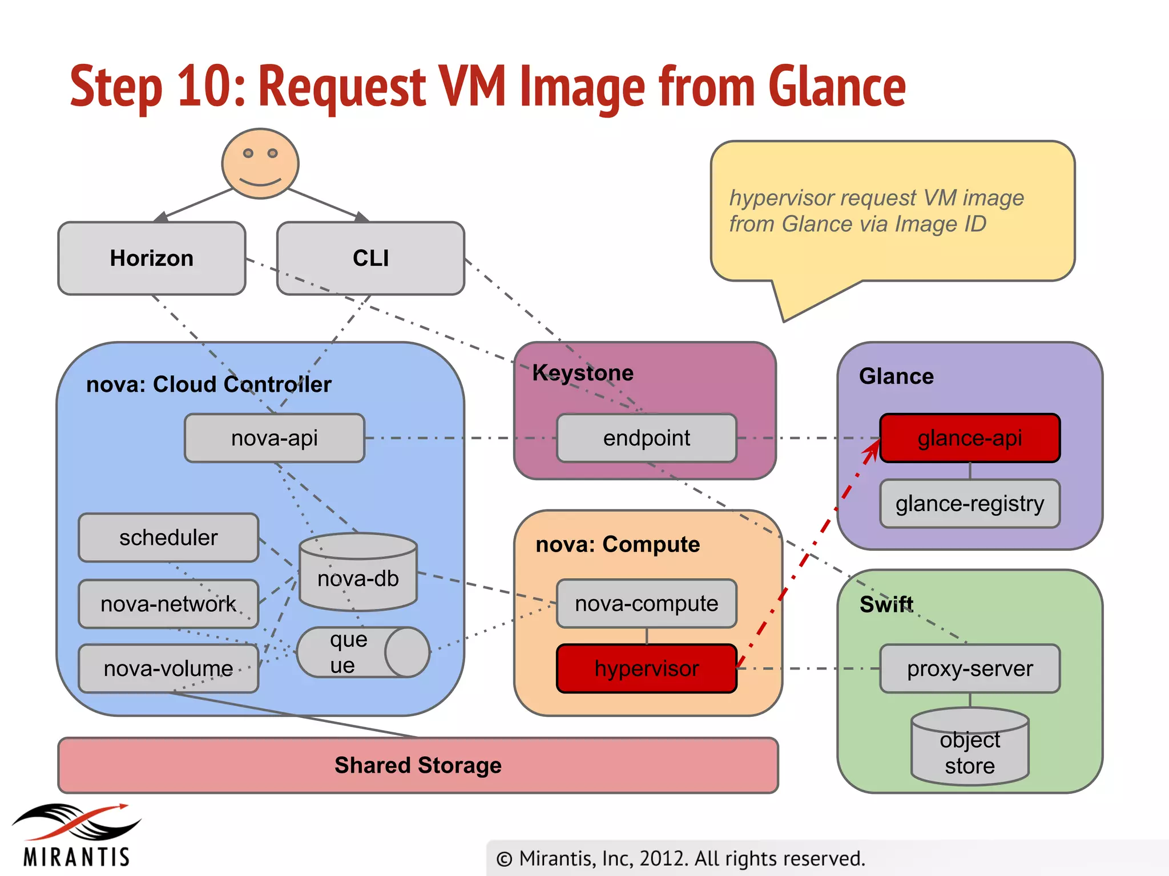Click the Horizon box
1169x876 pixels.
[151, 258]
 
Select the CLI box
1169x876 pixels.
[370, 258]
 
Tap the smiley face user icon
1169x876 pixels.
[260, 163]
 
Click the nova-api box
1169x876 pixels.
[275, 438]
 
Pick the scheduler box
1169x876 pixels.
[168, 537]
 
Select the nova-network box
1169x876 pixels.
[168, 604]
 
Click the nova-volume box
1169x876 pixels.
[168, 668]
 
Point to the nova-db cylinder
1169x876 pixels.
[358, 573]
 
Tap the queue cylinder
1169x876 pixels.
[362, 652]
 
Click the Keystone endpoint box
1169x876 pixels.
[646, 438]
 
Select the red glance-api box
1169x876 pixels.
[969, 438]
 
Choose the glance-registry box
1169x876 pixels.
[969, 504]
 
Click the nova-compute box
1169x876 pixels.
[646, 603]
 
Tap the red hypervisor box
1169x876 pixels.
[646, 668]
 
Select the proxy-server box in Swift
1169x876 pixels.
[969, 668]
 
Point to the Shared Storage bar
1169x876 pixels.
[418, 765]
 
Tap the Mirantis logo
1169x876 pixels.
[76, 836]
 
